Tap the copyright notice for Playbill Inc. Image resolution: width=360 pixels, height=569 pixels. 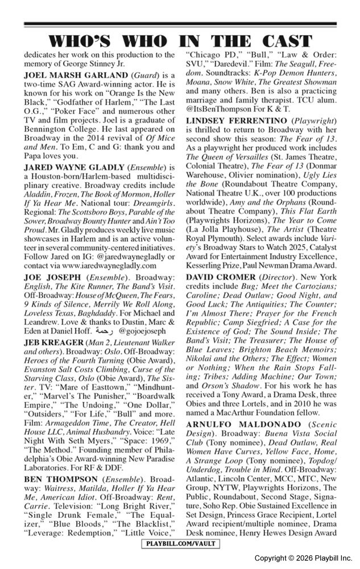(x=303, y=558)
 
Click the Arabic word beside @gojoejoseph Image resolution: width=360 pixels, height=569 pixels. (x=105, y=330)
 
